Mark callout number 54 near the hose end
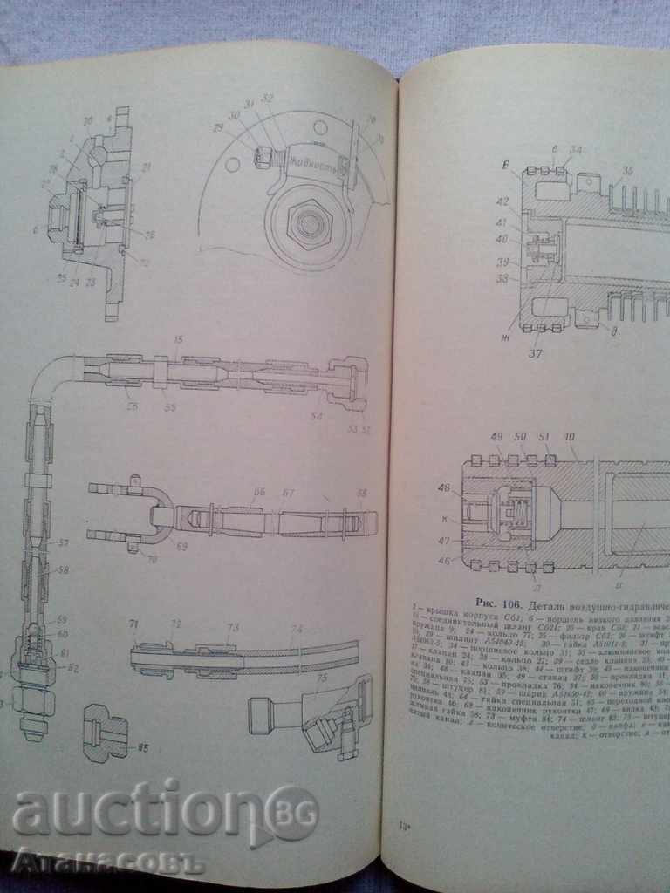[316, 419]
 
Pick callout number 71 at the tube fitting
[134, 626]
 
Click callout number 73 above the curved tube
[232, 627]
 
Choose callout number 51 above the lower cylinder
[545, 438]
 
